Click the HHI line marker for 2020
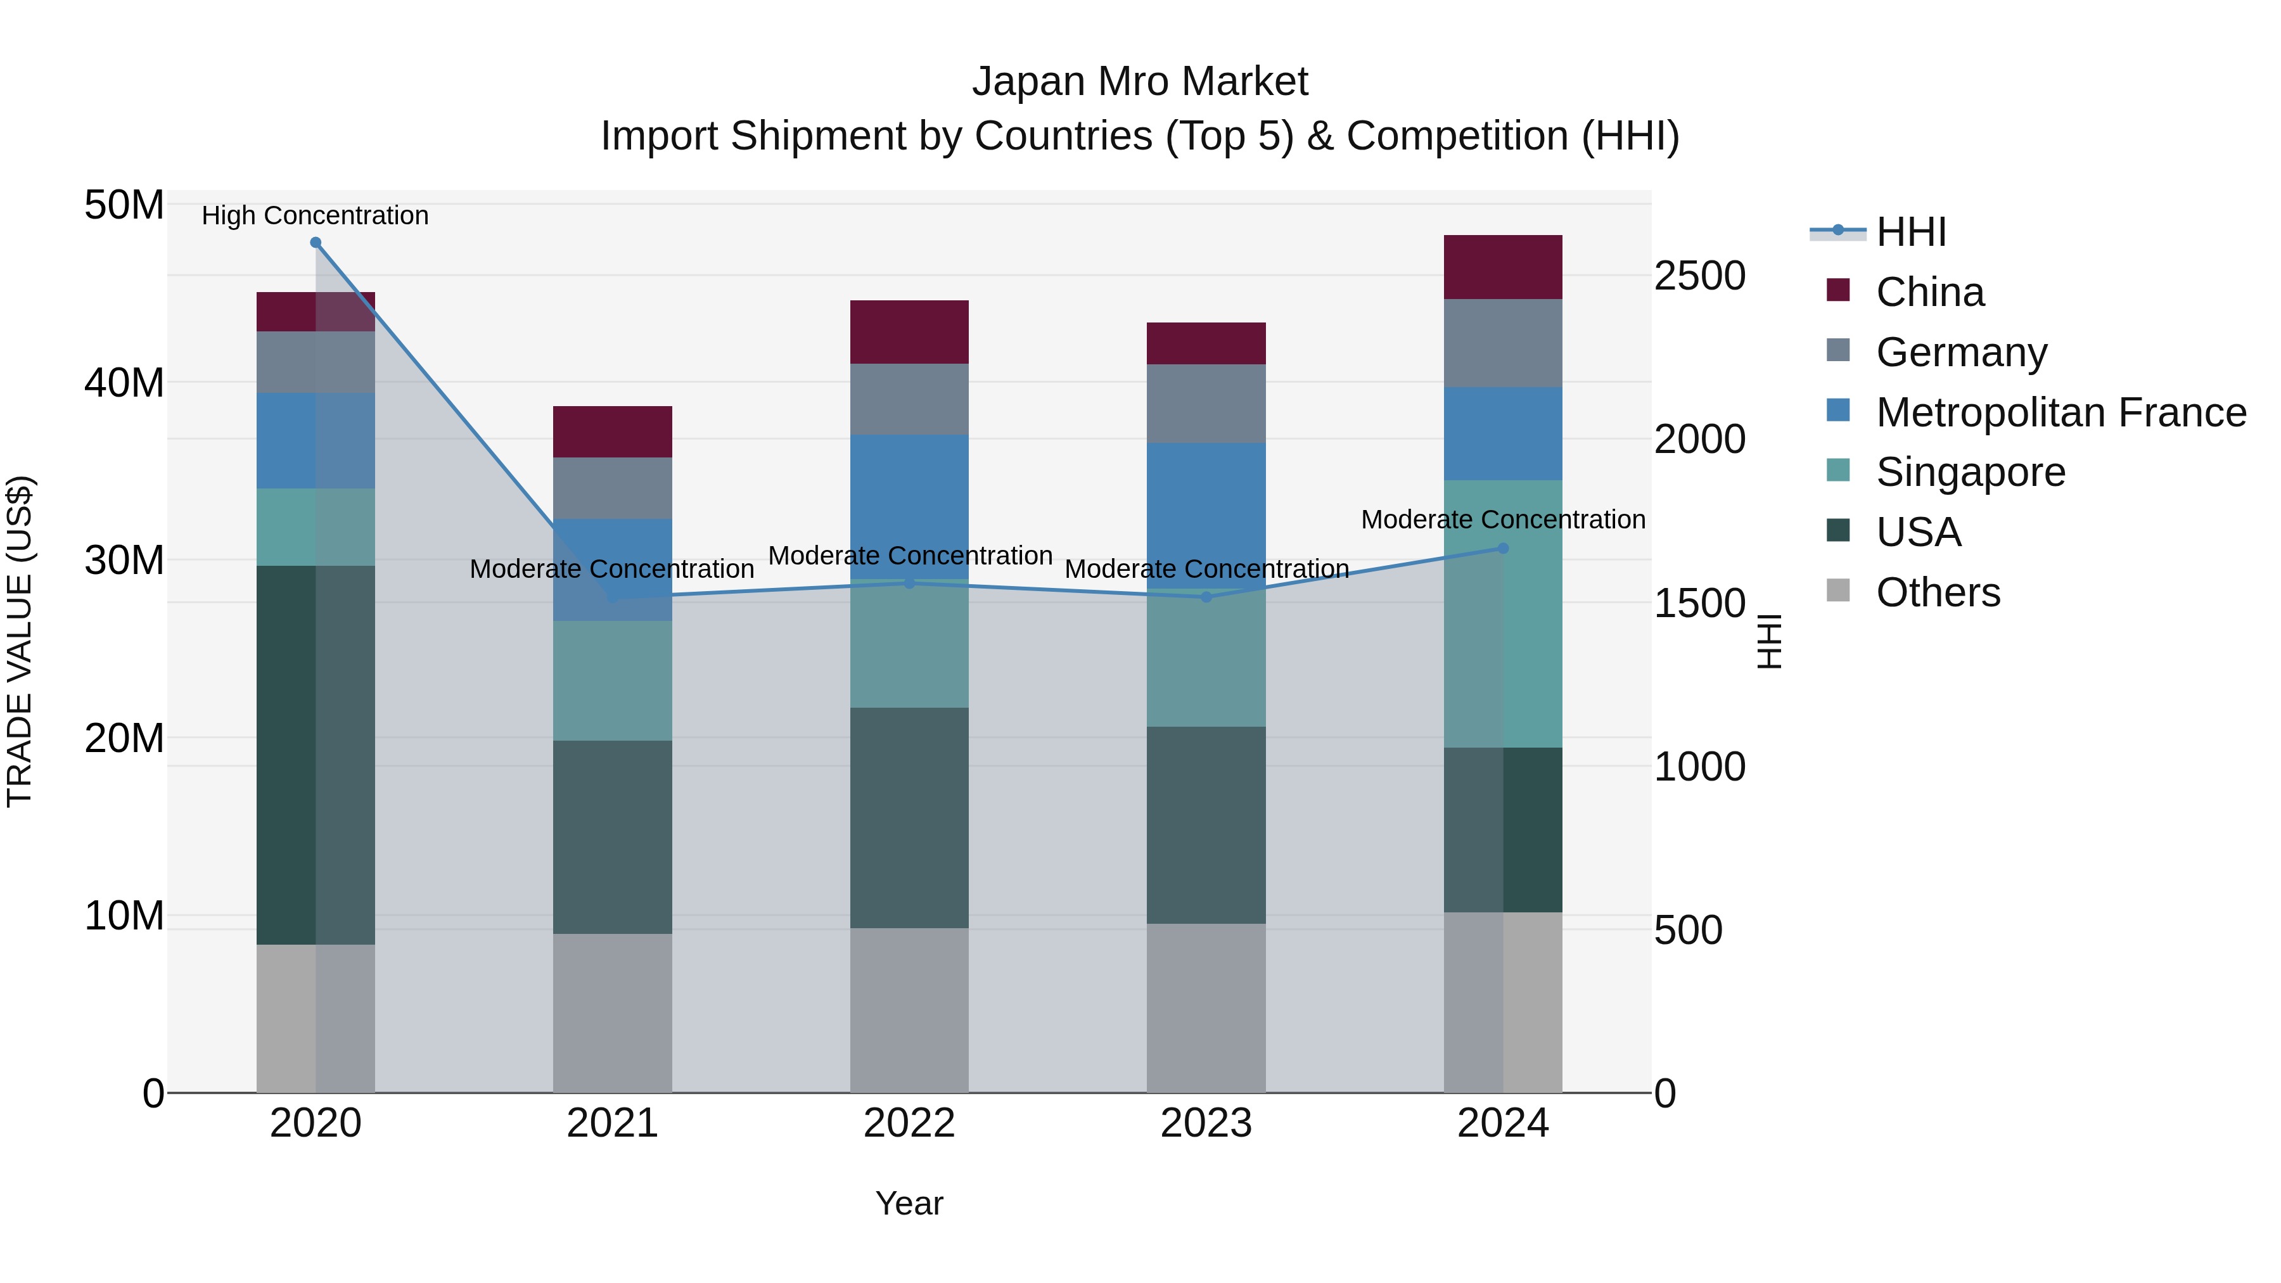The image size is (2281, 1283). pyautogui.click(x=316, y=243)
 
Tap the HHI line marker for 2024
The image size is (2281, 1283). pyautogui.click(x=1503, y=548)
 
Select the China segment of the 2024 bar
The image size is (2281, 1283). pyautogui.click(x=1503, y=267)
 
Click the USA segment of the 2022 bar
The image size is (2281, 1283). pyautogui.click(x=909, y=817)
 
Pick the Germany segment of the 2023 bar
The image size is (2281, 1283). pyautogui.click(x=1206, y=404)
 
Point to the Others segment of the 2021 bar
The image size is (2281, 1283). pyautogui.click(x=613, y=1013)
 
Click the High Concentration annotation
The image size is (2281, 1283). pyautogui.click(x=316, y=215)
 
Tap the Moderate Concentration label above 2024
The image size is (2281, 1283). pyautogui.click(x=1503, y=520)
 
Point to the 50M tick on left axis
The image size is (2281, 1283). pyautogui.click(x=124, y=205)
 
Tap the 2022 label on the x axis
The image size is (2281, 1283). pyautogui.click(x=909, y=1123)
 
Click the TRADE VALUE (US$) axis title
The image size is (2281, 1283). pyautogui.click(x=20, y=641)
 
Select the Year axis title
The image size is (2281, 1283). pyautogui.click(x=909, y=1203)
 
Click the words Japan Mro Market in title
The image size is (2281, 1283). pyautogui.click(x=1140, y=82)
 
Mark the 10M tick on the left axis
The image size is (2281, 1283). pyautogui.click(x=124, y=916)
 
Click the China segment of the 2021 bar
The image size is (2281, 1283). pyautogui.click(x=613, y=432)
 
